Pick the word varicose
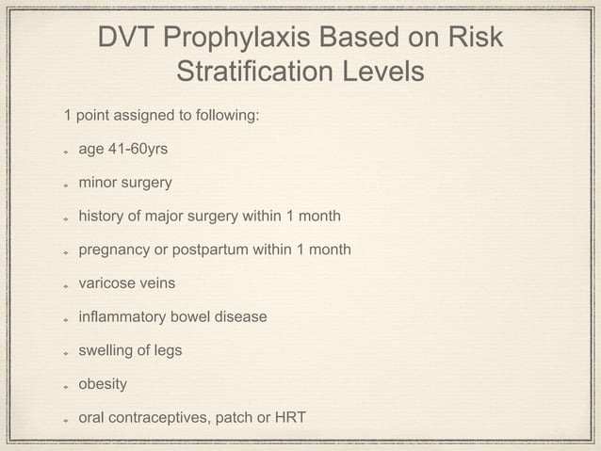(x=108, y=282)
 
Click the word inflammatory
(x=122, y=316)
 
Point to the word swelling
(x=106, y=350)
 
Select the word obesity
(x=103, y=384)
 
